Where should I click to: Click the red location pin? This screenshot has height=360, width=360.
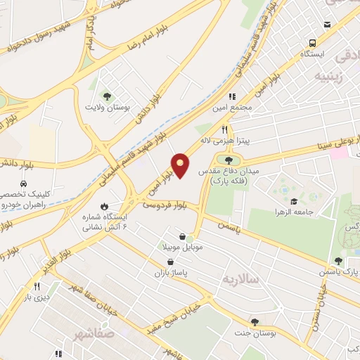point(181,165)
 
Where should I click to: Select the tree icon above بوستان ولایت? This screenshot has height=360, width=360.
point(107,96)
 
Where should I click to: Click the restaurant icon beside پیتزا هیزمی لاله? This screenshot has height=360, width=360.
point(224,129)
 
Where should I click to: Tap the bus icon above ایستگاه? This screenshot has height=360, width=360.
point(327,25)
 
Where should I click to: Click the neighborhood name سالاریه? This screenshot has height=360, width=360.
point(242,279)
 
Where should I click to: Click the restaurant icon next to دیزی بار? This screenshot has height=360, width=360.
point(37,287)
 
